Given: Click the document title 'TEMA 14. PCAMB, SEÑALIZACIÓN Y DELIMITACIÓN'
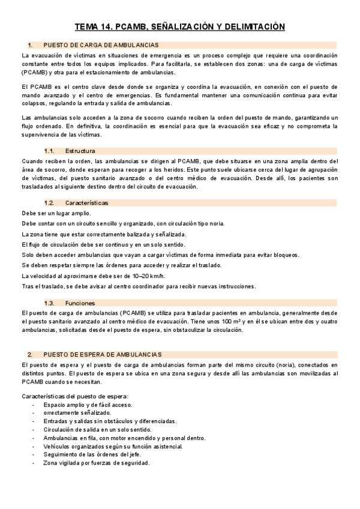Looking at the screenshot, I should pos(179,27).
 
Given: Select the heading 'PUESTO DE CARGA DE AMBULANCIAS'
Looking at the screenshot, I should pos(101,45).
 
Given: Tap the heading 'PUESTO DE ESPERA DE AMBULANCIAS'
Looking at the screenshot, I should pos(102,355).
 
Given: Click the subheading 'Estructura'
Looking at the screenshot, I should pos(80,151).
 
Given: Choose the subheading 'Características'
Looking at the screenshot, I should pos(87,203).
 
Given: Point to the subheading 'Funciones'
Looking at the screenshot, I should pos(80,303).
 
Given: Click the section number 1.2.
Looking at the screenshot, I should pos(50,203).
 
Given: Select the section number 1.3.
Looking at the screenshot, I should pos(50,303).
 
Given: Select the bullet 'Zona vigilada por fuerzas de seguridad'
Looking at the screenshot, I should pos(97,463).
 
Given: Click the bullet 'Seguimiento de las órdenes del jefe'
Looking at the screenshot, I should pos(92,454).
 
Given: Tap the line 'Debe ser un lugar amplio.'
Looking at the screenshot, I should pos(56,213).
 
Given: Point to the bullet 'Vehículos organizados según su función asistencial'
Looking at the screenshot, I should pos(113,447).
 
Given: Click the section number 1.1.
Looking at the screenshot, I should pos(50,151).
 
